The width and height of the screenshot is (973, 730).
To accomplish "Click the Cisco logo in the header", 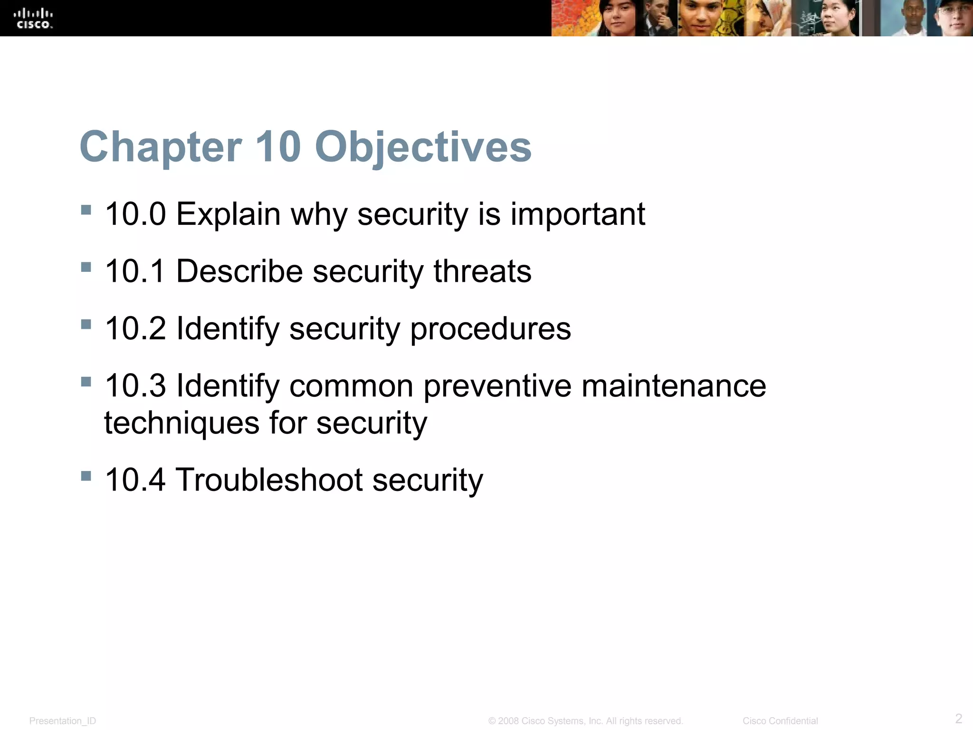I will click(34, 19).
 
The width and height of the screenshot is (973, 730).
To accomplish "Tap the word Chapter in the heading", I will click(161, 147).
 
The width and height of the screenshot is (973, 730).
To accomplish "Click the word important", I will click(577, 215).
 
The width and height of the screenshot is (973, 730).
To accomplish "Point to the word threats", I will click(482, 271).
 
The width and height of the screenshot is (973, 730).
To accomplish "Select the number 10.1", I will click(135, 271).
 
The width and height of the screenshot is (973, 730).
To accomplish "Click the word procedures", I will click(490, 329).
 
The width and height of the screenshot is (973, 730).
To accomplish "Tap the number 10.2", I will click(135, 328).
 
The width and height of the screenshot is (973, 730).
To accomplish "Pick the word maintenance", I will click(673, 385).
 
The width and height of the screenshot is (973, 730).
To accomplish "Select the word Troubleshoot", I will click(269, 480).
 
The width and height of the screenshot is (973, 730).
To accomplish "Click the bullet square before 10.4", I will click(86, 476).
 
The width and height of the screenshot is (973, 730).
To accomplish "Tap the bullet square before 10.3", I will click(86, 382).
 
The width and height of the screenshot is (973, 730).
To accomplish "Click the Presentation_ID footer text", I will click(62, 721).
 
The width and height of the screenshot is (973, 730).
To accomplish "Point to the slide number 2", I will click(958, 718).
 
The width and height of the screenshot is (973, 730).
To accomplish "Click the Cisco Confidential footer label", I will click(780, 721).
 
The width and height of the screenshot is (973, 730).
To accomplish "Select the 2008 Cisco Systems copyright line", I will click(585, 721).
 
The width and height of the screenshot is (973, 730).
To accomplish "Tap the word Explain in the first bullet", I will click(228, 215).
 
